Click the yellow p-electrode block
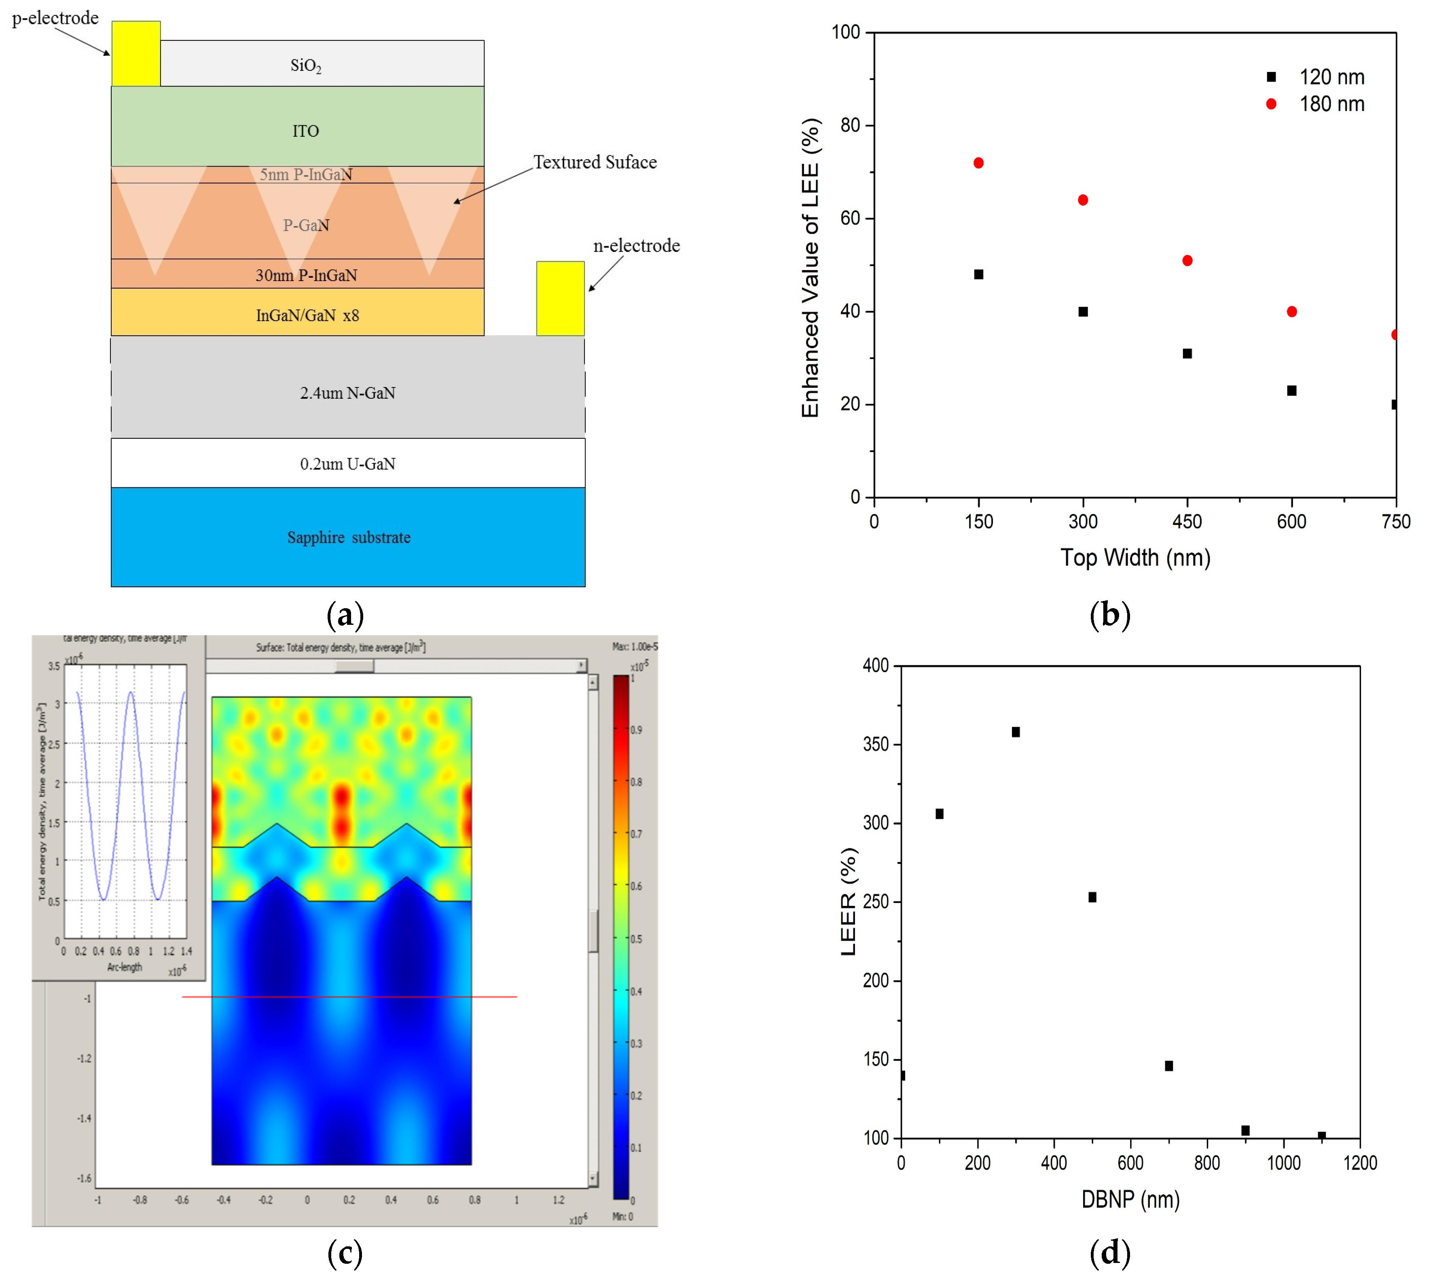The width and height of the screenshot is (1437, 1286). pos(135,54)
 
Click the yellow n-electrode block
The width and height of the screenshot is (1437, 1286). pos(560,298)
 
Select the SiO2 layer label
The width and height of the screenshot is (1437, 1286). pos(306,66)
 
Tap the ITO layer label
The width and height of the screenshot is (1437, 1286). pos(306,131)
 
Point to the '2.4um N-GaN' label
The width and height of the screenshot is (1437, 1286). pos(347,393)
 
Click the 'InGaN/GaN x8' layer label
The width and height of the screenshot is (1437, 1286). pos(307,315)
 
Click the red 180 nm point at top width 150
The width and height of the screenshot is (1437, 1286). pos(978,163)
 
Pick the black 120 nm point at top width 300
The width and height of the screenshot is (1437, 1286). pos(1083,312)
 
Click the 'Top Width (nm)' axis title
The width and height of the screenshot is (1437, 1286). pos(1135,558)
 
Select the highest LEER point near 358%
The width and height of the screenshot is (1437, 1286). pos(1016,732)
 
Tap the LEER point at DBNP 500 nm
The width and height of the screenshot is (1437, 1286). pos(1092,897)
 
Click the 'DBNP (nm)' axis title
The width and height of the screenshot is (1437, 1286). pos(1130,1199)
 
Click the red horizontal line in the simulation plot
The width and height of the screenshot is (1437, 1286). pos(350,996)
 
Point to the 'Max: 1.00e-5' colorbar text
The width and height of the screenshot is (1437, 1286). pos(635,647)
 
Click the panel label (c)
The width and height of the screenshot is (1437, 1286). pos(345,1253)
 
